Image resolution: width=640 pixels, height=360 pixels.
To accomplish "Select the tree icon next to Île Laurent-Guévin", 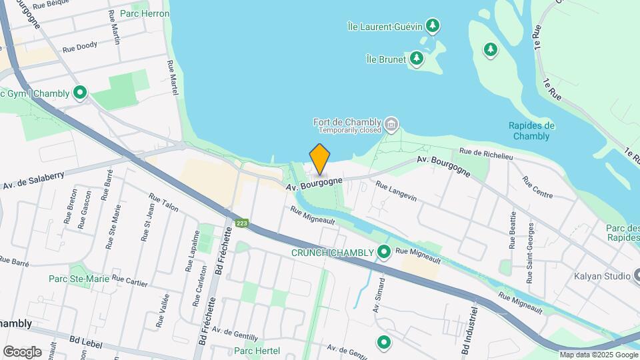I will tap(433, 26).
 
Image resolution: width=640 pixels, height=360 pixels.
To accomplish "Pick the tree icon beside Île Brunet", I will tap(417, 59).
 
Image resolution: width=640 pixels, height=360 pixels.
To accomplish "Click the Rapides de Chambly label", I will tap(531, 131).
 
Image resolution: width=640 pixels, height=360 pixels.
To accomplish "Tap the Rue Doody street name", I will tap(80, 47).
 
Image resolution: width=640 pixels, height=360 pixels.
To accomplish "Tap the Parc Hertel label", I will tap(257, 351).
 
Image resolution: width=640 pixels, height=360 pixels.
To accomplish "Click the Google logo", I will tap(22, 351).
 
